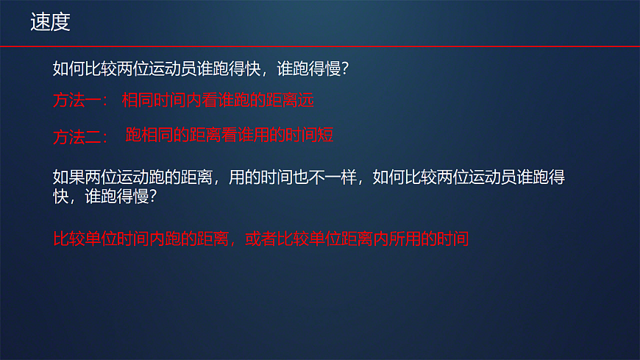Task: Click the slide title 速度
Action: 50,23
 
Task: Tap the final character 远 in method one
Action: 306,100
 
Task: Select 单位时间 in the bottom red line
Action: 117,239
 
